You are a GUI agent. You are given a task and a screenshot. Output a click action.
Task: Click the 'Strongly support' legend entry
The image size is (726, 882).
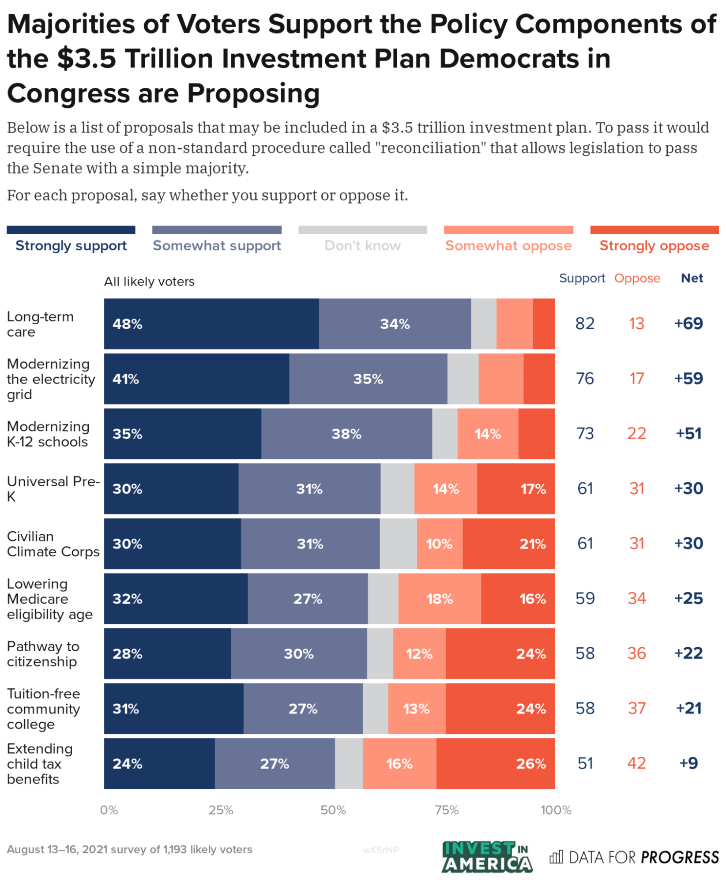pos(71,245)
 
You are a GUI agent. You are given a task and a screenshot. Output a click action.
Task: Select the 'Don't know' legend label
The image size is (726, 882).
pos(362,245)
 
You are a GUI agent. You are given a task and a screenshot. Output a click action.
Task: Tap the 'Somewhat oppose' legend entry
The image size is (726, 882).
pos(508,245)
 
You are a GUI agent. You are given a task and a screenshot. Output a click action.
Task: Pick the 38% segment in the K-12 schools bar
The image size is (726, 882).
pos(346,434)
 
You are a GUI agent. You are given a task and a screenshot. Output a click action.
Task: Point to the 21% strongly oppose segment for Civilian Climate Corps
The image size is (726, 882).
pos(508,544)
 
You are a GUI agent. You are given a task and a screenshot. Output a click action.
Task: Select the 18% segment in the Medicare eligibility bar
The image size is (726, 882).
pos(440,599)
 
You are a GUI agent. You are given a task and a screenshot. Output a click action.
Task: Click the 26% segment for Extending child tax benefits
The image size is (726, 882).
pos(495,763)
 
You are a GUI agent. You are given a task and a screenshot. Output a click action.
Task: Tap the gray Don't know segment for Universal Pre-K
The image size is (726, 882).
pos(397,488)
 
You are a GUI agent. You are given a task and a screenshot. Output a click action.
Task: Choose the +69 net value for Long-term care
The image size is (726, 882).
pos(688,323)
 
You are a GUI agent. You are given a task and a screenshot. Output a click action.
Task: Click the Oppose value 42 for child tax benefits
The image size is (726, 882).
pos(636,763)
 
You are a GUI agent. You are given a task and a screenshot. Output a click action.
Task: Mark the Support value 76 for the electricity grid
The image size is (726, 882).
pos(585,379)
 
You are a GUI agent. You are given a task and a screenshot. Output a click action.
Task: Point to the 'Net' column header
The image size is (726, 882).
pos(692,278)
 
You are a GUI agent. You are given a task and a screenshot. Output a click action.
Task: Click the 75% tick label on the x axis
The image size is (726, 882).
pos(447,810)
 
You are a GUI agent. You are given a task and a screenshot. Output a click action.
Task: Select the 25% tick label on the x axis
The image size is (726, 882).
pos(221,810)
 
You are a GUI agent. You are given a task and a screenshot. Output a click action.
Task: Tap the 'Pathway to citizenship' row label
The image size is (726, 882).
pos(43,654)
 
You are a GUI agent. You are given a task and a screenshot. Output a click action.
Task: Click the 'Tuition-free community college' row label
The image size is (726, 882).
pos(44,709)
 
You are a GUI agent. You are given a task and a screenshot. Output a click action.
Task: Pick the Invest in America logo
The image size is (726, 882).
pos(487,857)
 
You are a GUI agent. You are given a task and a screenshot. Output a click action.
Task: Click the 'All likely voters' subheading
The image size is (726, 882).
pos(149,281)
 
